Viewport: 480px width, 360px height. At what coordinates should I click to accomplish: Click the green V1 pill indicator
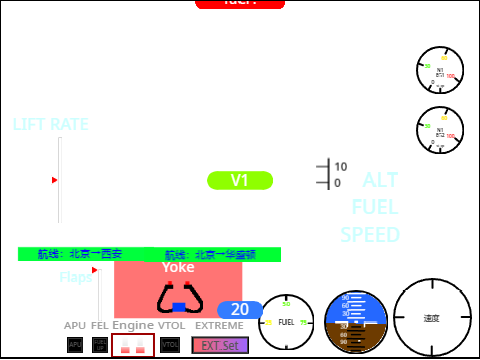239,180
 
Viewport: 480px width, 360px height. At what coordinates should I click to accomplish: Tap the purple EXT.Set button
219,345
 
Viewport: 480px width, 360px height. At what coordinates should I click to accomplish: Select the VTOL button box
170,345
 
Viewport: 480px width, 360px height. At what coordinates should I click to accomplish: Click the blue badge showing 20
240,310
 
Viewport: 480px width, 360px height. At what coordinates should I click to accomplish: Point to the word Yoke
178,267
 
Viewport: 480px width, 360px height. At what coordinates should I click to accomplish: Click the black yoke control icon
179,299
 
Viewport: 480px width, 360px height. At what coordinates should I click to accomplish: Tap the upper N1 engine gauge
440,70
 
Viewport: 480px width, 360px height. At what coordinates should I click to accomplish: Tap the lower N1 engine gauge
440,131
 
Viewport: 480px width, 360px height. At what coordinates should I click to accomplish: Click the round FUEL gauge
287,322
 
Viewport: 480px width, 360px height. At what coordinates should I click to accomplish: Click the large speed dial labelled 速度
431,318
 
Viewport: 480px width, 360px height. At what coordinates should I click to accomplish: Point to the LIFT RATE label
50,124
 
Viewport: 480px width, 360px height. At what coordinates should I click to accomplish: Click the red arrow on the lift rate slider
55,180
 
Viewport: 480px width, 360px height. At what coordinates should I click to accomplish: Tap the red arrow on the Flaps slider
95,270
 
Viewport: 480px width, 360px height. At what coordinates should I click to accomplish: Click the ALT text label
380,181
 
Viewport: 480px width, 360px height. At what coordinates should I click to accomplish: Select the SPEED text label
370,235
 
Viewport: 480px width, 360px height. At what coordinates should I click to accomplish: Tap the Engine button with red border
133,345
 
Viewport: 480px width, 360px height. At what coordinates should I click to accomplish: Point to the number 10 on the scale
341,167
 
